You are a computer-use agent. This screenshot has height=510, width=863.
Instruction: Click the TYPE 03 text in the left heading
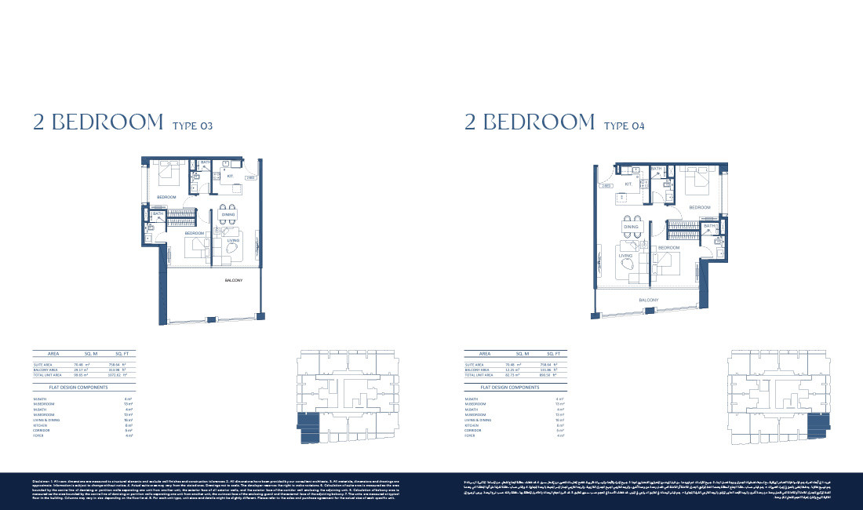point(191,126)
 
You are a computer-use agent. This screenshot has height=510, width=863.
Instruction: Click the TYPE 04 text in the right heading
point(624,126)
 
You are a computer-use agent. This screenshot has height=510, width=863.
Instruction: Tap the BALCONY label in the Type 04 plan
point(648,300)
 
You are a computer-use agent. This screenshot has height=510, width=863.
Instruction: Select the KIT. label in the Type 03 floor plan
point(230,177)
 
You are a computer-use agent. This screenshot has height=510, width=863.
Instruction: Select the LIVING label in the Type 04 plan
point(625,255)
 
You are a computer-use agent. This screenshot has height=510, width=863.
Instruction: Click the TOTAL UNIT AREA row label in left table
point(48,375)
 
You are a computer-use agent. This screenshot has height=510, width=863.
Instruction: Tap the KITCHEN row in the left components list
point(41,425)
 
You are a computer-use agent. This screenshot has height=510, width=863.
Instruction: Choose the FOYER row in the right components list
point(470,435)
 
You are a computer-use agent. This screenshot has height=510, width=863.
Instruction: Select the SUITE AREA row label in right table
point(475,365)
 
